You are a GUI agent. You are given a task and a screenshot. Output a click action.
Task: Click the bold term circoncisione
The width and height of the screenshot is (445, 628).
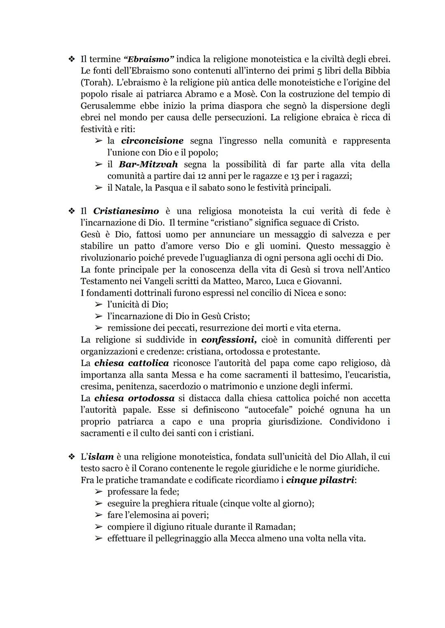[152, 141]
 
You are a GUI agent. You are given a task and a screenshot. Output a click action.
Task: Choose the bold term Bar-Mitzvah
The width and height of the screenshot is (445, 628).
[148, 164]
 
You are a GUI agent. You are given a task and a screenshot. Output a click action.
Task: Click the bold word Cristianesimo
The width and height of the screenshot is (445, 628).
[126, 211]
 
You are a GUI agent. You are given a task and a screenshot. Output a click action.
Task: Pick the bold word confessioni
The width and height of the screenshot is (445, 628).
[229, 340]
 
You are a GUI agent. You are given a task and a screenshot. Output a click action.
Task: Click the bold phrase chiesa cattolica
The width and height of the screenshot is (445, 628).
[131, 363]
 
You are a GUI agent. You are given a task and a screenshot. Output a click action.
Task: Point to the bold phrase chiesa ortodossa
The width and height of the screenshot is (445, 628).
[134, 399]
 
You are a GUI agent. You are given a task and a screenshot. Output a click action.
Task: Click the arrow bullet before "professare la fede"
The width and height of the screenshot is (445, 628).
[98, 492]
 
